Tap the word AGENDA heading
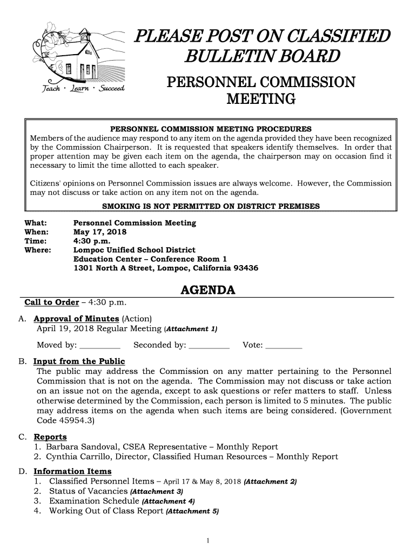[x=207, y=291]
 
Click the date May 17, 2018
[x=100, y=232]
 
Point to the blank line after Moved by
[x=99, y=345]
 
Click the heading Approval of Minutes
[x=76, y=319]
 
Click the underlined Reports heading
[x=50, y=437]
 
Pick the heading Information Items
[x=72, y=471]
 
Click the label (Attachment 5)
[x=192, y=511]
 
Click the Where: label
[x=38, y=250]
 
